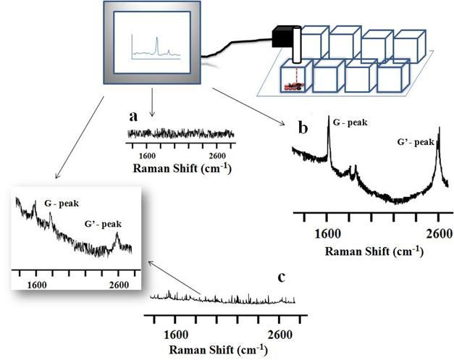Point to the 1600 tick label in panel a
(x=146, y=156)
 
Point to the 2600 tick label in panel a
(x=217, y=156)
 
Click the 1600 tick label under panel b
(x=327, y=233)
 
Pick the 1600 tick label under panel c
(x=176, y=334)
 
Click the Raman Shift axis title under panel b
(x=373, y=251)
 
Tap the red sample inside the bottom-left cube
(x=293, y=87)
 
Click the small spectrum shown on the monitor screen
(x=154, y=49)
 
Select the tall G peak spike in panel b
(x=329, y=141)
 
